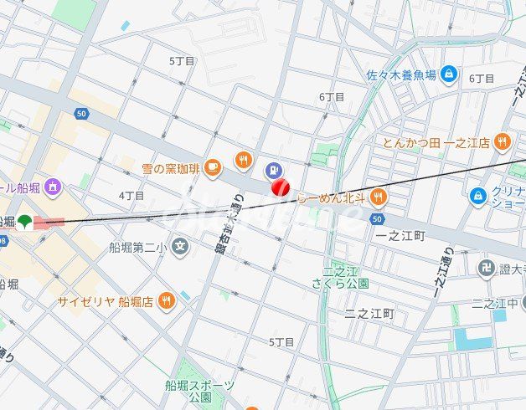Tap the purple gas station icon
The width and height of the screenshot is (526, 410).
[x=272, y=171]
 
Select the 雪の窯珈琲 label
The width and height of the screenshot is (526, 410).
[x=171, y=168]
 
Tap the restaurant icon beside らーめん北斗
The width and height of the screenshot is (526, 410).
[x=378, y=197]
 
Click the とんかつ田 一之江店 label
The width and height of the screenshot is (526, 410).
[x=436, y=143]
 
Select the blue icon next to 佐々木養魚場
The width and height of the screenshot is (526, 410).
[x=449, y=74]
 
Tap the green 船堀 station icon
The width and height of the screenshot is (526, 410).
[x=26, y=223]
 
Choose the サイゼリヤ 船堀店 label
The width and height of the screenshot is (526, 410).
[x=104, y=301]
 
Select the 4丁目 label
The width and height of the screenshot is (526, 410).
[x=131, y=196]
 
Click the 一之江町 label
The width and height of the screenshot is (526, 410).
[x=400, y=237]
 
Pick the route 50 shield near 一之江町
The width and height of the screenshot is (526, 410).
[x=377, y=218]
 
